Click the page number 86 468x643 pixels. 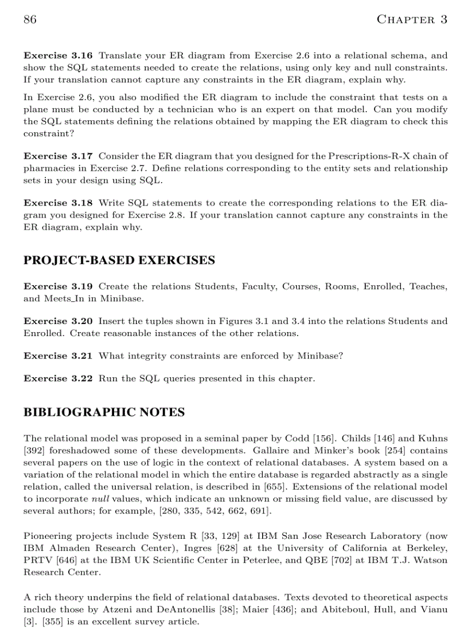pos(30,19)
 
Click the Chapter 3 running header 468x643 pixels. pos(411,19)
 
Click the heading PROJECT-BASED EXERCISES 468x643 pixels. pos(119,261)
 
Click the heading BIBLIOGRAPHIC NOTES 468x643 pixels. pos(104,412)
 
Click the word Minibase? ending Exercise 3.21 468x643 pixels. pos(320,356)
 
